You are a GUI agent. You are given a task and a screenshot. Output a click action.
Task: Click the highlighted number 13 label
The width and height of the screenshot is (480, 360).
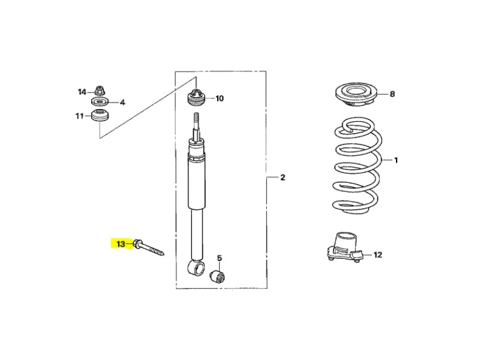121,244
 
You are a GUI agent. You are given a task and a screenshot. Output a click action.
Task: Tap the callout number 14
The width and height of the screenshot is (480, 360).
82,92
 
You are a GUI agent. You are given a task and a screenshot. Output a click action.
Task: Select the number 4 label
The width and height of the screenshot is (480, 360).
122,102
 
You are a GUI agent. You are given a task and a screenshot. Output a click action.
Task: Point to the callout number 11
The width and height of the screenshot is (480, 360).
80,116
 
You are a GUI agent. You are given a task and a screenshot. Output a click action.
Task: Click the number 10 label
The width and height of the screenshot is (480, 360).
220,98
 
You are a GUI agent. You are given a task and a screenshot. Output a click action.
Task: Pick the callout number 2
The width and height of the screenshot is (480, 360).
283,177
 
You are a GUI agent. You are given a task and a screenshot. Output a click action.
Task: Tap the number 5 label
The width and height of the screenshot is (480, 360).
220,259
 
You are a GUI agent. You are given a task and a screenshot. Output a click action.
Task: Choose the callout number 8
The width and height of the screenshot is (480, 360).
392,94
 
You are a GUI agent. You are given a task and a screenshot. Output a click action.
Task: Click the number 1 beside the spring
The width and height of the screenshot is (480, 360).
396,160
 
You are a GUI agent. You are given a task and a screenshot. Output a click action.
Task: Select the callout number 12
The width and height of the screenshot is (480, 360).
378,254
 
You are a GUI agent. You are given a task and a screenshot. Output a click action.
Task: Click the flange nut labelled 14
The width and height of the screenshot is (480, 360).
99,91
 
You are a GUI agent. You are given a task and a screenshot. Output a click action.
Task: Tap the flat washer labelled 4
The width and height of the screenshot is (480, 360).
100,101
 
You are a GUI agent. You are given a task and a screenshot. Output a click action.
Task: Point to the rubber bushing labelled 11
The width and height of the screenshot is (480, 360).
100,115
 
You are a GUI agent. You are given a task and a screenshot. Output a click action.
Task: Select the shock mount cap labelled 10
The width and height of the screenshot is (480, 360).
196,97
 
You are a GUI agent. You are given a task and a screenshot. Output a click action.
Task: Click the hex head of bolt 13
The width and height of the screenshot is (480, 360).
137,244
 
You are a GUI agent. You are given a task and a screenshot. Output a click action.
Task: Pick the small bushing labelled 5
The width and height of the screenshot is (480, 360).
218,277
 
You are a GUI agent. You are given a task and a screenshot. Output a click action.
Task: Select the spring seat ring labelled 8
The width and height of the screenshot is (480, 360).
356,94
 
